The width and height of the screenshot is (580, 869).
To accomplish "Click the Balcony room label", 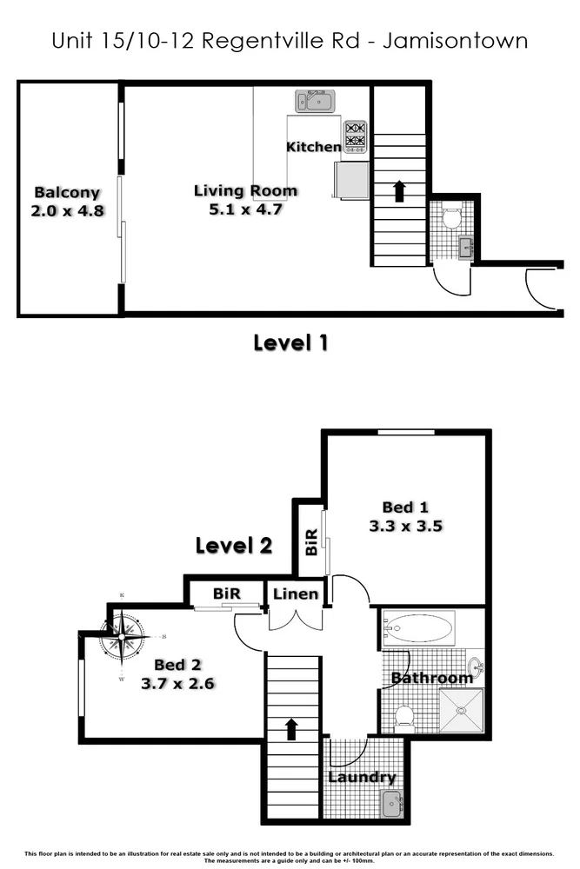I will click(67, 193).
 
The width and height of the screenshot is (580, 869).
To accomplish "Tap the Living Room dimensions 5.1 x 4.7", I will click(245, 209).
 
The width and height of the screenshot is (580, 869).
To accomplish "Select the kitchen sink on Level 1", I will click(315, 102).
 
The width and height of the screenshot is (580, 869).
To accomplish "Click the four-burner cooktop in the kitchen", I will click(355, 136).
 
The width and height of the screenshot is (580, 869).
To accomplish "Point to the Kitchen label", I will click(313, 147).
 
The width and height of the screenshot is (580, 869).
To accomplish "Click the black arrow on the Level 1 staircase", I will click(399, 191).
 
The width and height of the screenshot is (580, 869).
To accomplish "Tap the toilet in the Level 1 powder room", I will click(451, 217).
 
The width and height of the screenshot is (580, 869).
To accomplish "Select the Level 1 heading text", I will click(290, 342).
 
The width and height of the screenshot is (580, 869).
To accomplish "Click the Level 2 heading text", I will click(233, 546).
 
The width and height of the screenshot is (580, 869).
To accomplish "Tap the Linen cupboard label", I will click(295, 594).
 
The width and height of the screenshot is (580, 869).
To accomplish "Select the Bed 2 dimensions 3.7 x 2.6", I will click(177, 683).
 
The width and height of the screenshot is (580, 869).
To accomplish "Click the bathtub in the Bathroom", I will click(419, 626).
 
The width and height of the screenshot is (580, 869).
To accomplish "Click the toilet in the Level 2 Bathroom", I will click(403, 716).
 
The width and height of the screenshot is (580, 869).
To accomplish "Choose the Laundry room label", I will click(362, 778).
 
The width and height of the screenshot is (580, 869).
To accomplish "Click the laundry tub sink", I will click(393, 806).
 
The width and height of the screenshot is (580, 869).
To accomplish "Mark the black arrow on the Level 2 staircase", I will click(291, 728).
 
